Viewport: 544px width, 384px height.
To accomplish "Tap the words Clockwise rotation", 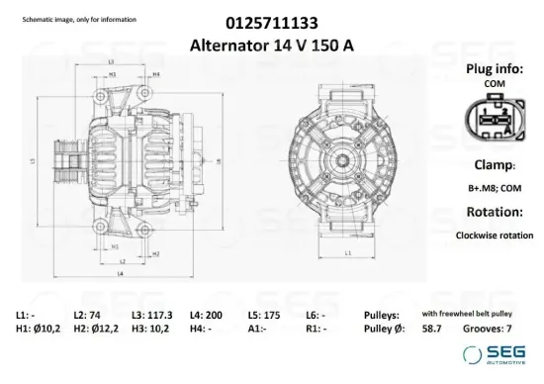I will [x=494, y=237].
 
